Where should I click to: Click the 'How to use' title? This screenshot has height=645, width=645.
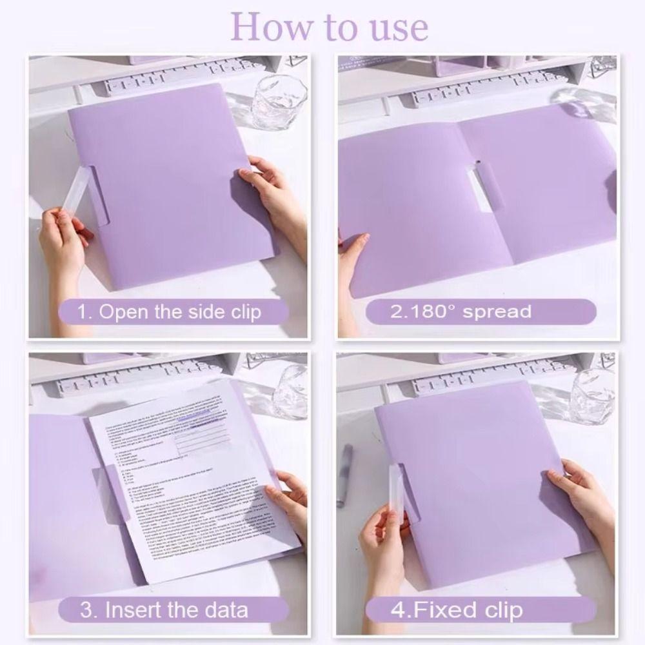(329, 27)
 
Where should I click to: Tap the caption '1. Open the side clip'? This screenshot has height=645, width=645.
(170, 312)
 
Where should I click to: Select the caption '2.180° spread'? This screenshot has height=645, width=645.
(461, 312)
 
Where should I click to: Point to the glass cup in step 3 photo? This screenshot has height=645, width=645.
(288, 393)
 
